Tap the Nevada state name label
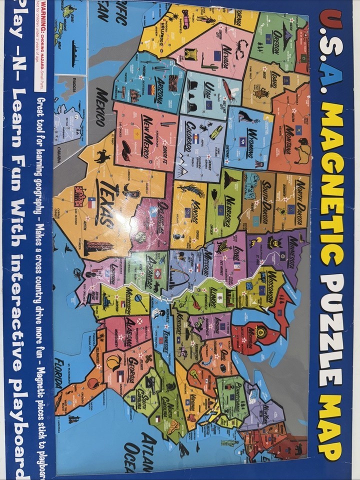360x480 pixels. [224, 58]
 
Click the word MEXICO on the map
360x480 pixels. [102, 107]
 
